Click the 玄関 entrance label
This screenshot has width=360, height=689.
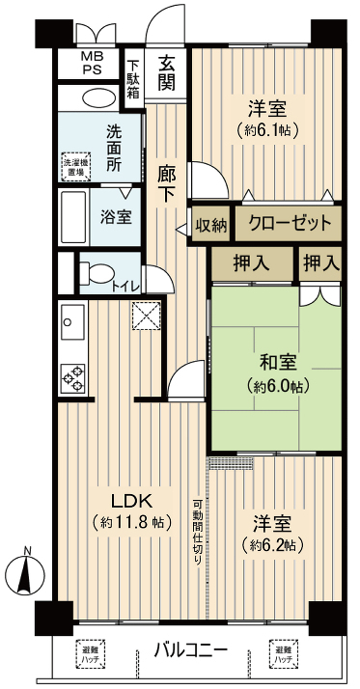tap(166, 71)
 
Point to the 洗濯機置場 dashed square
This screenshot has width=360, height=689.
tap(74, 166)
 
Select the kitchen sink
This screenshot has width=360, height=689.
tap(73, 319)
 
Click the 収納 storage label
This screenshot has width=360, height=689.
tap(211, 224)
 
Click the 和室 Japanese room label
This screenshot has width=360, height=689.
tap(277, 363)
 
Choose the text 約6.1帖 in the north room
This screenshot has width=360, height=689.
tap(265, 130)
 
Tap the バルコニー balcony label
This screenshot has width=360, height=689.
tap(191, 648)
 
